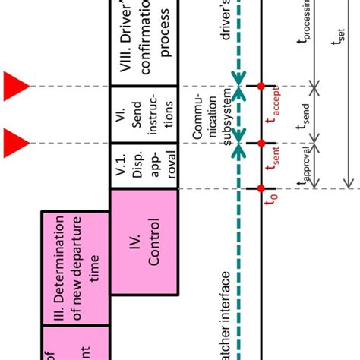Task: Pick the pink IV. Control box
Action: coord(145,242)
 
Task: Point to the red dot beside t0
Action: coord(260,188)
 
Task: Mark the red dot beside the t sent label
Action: coord(260,142)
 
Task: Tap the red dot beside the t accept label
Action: coord(260,85)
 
